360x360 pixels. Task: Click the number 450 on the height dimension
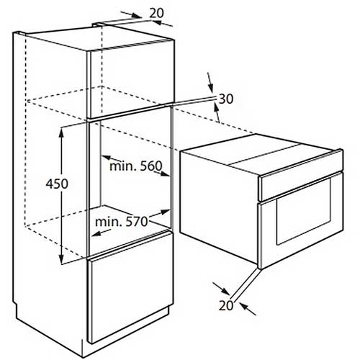(57, 184)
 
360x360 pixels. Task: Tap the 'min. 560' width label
(136, 166)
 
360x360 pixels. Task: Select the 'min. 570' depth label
(121, 222)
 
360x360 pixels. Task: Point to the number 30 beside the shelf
(226, 99)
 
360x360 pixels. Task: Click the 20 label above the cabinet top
(156, 13)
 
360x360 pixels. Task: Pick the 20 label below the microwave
(226, 305)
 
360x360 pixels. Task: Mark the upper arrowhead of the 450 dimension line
(62, 131)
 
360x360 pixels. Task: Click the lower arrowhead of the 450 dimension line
(62, 258)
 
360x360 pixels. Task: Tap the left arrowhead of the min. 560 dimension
(107, 158)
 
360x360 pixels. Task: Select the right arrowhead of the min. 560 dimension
(165, 174)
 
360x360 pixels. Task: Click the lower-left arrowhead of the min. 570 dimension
(96, 233)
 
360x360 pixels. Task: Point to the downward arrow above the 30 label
(210, 82)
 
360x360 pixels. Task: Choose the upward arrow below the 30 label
(217, 112)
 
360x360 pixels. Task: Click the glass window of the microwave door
(304, 212)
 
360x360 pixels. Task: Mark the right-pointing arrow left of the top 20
(131, 14)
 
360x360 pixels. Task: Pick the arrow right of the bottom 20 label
(248, 309)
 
